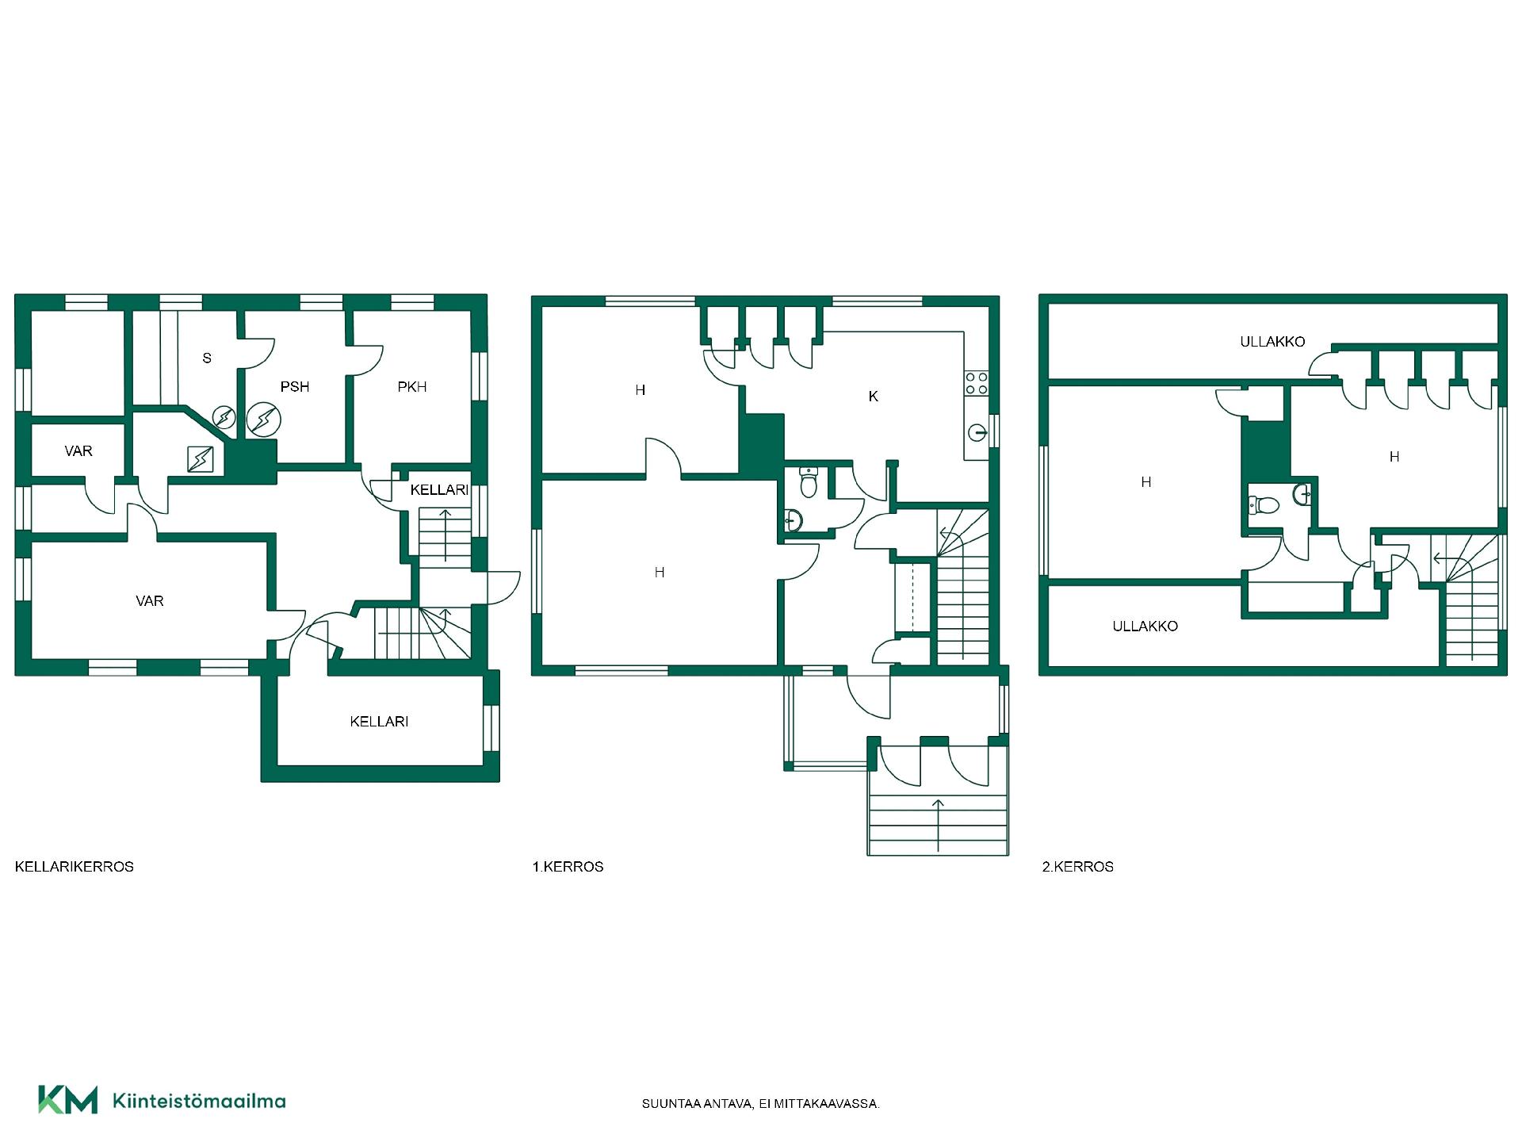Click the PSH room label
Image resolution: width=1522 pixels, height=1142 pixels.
click(x=295, y=387)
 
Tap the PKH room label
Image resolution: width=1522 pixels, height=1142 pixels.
click(x=412, y=387)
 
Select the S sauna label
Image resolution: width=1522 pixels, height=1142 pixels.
click(x=207, y=358)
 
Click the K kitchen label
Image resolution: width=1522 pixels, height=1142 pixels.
click(x=874, y=397)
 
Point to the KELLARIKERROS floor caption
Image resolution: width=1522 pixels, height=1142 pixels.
click(x=75, y=867)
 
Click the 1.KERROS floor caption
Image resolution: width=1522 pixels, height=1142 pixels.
click(x=568, y=867)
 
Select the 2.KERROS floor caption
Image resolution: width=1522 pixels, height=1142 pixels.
click(x=1078, y=867)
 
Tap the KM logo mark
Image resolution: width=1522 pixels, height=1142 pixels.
click(x=68, y=1100)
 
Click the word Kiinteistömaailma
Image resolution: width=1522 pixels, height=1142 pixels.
click(x=200, y=1101)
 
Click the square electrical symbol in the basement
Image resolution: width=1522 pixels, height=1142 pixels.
click(x=201, y=459)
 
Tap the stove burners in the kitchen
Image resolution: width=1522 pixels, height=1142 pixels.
click(x=977, y=384)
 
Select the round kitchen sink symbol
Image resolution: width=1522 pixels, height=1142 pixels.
click(x=977, y=433)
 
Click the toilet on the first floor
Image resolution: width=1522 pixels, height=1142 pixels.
click(x=809, y=482)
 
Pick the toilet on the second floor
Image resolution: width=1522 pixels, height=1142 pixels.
click(x=1264, y=505)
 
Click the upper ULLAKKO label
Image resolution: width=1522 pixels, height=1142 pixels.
click(x=1272, y=342)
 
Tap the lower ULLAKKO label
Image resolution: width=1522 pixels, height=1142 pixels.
click(x=1145, y=627)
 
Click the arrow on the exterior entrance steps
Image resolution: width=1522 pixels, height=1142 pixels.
click(x=939, y=825)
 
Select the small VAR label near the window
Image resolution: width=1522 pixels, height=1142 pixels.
click(x=78, y=451)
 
